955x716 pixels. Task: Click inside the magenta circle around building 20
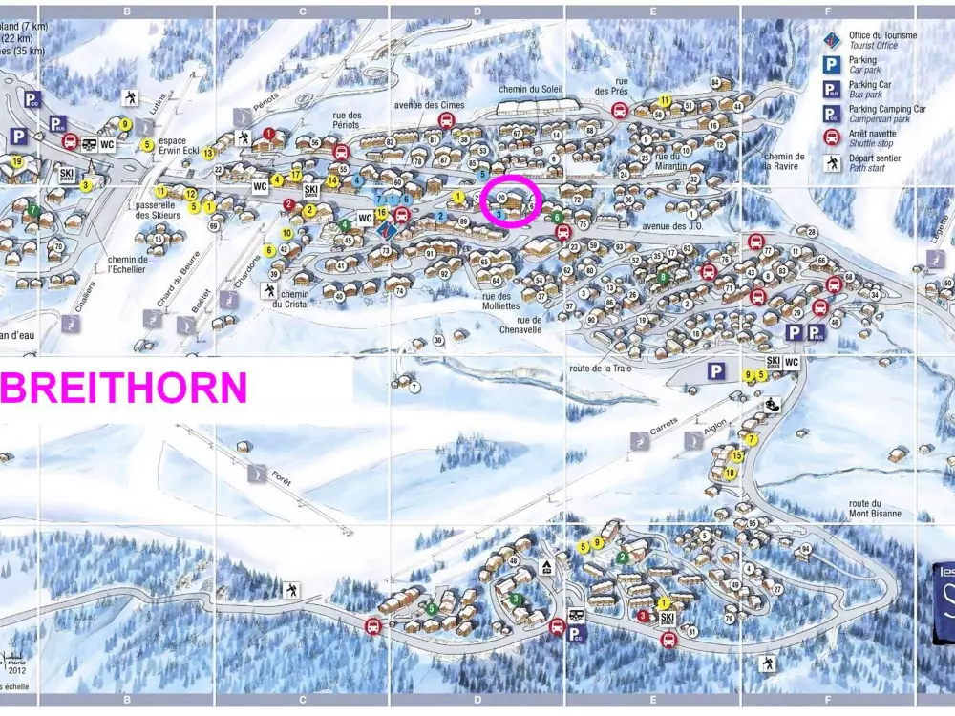(512, 201)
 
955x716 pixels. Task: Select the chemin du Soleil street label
(532, 90)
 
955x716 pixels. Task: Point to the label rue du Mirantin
(671, 161)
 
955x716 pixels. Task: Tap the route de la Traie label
(600, 368)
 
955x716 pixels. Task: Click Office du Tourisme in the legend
(882, 40)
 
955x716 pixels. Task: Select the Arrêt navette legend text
(870, 139)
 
